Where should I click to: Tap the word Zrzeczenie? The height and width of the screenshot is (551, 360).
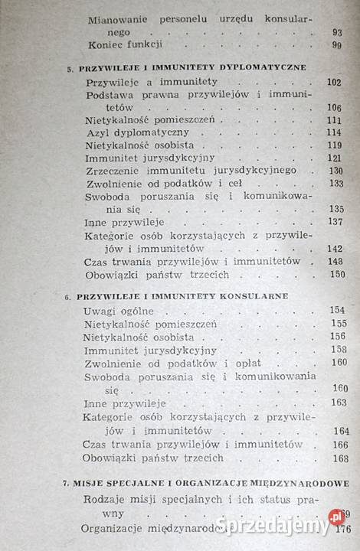tap(113, 171)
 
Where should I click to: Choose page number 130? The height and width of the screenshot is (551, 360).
tap(335, 171)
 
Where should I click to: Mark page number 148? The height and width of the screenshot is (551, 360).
tap(335, 261)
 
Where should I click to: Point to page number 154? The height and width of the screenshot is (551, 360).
tap(338, 310)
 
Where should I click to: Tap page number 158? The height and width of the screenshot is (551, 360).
tap(338, 349)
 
